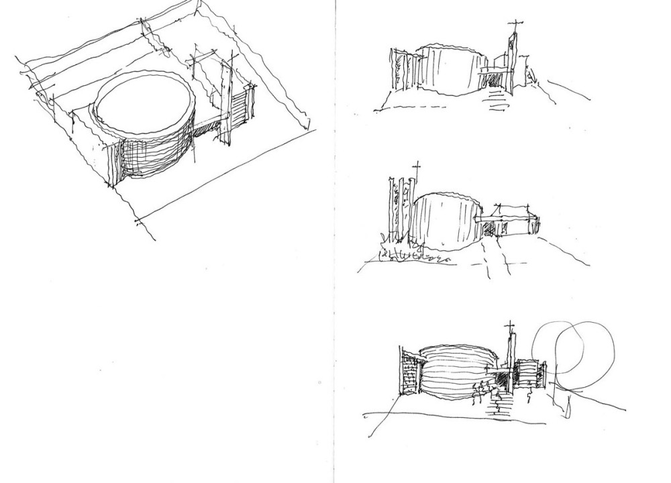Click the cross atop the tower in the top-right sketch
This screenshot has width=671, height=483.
[513, 27]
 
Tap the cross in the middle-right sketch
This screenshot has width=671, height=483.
[416, 168]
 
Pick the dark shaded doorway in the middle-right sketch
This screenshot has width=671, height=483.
[488, 229]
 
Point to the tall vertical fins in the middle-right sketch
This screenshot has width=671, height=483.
[396, 208]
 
